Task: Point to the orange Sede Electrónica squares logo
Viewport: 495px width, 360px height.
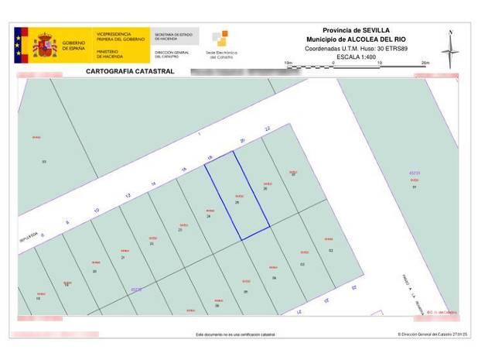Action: coord(220,38)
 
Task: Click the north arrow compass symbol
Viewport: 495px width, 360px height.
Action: coord(451,46)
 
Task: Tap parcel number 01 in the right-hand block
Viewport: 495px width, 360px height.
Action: coord(415,187)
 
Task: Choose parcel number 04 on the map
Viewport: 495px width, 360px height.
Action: coord(274,277)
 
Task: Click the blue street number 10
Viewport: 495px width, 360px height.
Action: coord(97,210)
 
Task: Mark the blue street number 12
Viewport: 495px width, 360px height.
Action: coord(125,196)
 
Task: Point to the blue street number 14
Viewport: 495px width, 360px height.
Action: coord(154,182)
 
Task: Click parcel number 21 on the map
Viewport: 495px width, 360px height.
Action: coord(123,257)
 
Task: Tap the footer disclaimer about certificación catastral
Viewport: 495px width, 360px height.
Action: coord(235,335)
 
